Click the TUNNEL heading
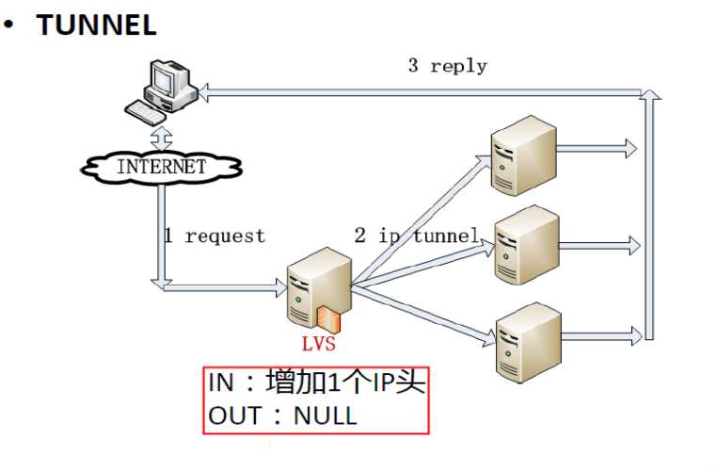click(96, 24)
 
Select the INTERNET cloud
click(161, 167)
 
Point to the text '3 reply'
click(447, 66)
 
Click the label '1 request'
click(215, 235)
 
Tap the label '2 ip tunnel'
click(417, 235)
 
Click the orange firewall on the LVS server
click(327, 318)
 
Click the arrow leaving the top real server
click(597, 148)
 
